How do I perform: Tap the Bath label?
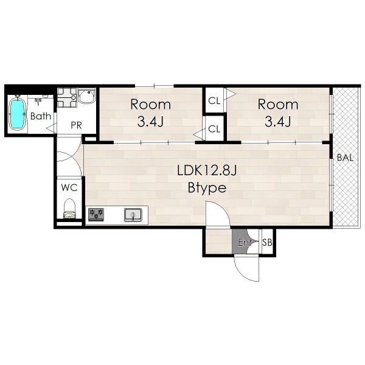pos(41,116)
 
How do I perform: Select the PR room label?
pos(77,125)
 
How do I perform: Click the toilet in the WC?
pos(69,208)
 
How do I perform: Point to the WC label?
pos(69,187)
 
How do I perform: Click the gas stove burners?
pos(96,214)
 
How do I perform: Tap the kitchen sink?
pos(133,215)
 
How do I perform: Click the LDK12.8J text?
pos(207,170)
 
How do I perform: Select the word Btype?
pos(207,188)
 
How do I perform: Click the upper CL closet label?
pos(214,101)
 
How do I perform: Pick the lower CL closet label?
pos(214,129)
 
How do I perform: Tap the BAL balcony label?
pos(345,158)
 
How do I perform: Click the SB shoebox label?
pos(267,243)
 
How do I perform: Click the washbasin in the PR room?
pos(87,96)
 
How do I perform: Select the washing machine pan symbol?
pos(67,97)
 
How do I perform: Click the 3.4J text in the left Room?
pos(150,121)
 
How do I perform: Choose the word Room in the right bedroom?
pos(278,105)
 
